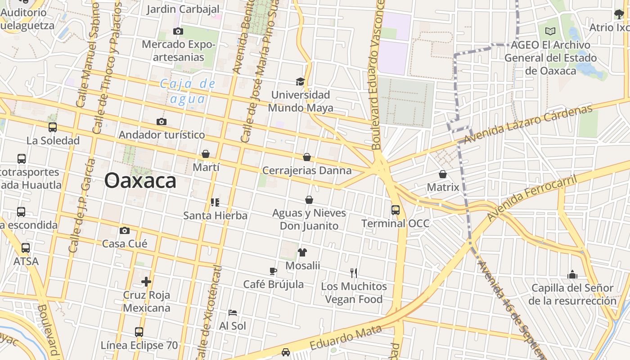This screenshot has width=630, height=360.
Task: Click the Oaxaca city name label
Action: (x=140, y=181)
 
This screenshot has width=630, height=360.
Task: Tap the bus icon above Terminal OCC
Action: (x=396, y=210)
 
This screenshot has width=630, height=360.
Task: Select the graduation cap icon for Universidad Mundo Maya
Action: (x=300, y=81)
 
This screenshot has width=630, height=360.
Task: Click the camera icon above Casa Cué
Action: (x=125, y=231)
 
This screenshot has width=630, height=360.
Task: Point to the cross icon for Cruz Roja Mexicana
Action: (x=146, y=282)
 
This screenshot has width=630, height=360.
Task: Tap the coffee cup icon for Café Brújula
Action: (x=273, y=271)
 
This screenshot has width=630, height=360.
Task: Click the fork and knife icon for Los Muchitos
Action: (x=354, y=273)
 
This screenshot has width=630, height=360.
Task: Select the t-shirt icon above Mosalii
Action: (x=302, y=252)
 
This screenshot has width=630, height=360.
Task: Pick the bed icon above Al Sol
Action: (x=233, y=313)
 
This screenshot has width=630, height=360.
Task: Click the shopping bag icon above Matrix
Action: (x=443, y=174)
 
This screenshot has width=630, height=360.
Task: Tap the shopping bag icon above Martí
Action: (x=206, y=154)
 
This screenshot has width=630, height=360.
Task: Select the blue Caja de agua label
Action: (x=188, y=91)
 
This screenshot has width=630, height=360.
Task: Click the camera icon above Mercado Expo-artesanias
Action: (x=178, y=31)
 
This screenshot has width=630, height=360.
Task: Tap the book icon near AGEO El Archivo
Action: (x=550, y=31)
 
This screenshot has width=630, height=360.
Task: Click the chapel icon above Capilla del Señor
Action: (x=572, y=274)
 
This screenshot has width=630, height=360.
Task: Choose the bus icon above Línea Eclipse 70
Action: (x=139, y=332)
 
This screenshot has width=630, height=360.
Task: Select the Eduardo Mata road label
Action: (x=346, y=337)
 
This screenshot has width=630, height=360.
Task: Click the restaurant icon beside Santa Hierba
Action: (x=215, y=202)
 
